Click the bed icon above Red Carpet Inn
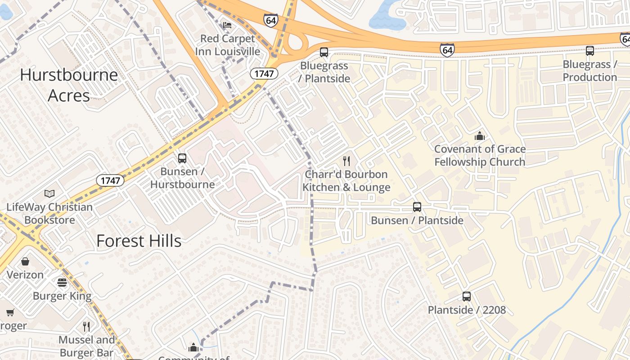tap(227, 24)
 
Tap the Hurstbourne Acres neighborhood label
tap(69, 85)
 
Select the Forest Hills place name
tap(139, 241)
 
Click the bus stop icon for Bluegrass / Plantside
tap(324, 52)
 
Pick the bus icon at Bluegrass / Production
tap(590, 51)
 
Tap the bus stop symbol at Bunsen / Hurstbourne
tap(182, 158)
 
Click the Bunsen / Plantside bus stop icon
tap(417, 207)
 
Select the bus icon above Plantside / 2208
tap(467, 297)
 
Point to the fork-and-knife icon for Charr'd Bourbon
tap(346, 161)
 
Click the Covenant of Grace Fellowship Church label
tap(480, 155)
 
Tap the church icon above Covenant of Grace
tap(480, 136)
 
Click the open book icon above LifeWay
tap(49, 194)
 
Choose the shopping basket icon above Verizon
tap(25, 261)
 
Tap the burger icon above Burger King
tap(62, 283)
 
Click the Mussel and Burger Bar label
tap(87, 346)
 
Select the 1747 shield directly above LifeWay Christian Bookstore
tap(110, 180)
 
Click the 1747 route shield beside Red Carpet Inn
tap(264, 73)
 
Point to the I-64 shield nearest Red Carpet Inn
tap(271, 20)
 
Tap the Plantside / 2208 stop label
tap(467, 310)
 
